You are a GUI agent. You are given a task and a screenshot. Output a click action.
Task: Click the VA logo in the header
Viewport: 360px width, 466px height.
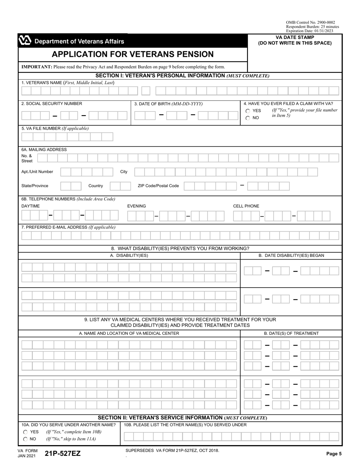25,41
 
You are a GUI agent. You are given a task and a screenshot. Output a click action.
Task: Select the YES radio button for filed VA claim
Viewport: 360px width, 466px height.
248,111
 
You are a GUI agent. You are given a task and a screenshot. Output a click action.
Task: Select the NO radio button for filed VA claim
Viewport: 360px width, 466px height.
248,118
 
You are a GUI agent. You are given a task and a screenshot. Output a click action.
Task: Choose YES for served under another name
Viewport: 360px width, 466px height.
25,432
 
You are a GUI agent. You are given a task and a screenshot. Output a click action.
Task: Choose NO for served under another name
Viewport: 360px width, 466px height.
25,439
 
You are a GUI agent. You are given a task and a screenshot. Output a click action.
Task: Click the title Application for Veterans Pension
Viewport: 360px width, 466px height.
133,54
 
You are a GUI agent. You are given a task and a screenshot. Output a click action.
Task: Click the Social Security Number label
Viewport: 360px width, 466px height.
52,103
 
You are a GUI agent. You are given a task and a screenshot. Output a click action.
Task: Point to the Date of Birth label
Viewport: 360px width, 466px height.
168,103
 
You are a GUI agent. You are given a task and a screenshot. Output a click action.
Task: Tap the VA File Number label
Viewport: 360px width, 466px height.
55,128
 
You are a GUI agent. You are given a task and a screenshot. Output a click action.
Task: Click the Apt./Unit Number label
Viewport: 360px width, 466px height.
37,172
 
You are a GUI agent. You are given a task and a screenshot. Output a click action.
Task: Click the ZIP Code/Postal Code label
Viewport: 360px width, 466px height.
158,186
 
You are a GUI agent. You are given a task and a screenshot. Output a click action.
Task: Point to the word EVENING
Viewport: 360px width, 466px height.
136,206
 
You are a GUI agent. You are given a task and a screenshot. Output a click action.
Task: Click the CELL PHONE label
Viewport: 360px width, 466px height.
246,206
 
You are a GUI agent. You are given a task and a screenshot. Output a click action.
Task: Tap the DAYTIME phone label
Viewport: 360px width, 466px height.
30,206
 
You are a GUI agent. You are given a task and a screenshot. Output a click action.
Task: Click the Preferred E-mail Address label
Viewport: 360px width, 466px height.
68,227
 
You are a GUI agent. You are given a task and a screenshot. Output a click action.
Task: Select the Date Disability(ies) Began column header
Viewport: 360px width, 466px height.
291,255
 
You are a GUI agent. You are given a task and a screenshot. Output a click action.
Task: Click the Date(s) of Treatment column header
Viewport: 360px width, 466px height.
291,333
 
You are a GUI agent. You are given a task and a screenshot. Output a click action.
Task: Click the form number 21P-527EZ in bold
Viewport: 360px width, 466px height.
63,453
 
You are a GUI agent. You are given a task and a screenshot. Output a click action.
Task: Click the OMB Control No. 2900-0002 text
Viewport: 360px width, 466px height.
310,22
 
